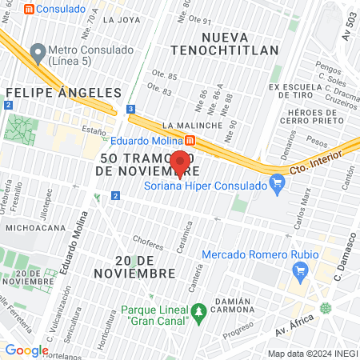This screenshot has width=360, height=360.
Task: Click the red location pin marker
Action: coord(180,162)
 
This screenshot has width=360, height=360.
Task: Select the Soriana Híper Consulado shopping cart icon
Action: coord(278,186)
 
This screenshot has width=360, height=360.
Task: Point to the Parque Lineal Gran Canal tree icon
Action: coord(198,310)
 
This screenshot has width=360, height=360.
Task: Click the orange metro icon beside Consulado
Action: coord(30,9)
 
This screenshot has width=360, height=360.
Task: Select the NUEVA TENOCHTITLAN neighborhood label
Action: coord(241,45)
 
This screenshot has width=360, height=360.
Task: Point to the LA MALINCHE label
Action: coord(190,126)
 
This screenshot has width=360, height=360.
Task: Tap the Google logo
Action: coord(27,350)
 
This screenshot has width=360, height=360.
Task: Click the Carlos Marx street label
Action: coord(300,210)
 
